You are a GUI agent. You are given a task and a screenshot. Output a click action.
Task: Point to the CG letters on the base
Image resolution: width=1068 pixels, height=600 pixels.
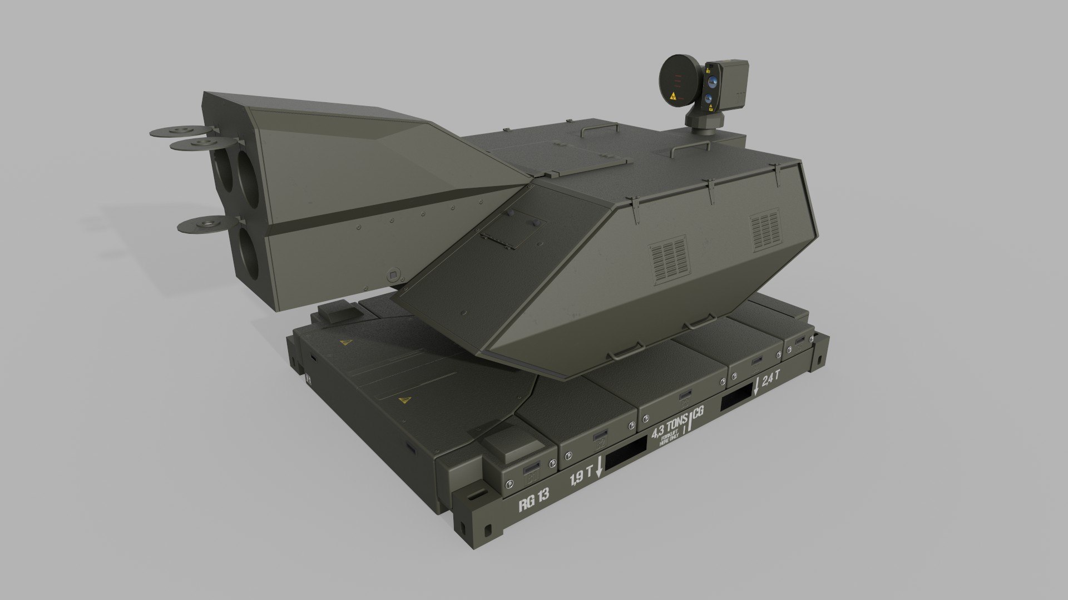(x=699, y=412)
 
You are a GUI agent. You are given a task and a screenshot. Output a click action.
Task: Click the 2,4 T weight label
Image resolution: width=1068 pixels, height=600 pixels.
(x=772, y=379)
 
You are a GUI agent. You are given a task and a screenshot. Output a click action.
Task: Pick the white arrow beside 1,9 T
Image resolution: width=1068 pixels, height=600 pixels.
(x=599, y=467)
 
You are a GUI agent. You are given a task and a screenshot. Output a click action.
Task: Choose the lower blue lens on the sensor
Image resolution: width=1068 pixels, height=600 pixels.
(x=709, y=99)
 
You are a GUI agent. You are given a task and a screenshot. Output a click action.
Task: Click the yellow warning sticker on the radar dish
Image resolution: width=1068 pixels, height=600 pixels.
(x=674, y=96)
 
